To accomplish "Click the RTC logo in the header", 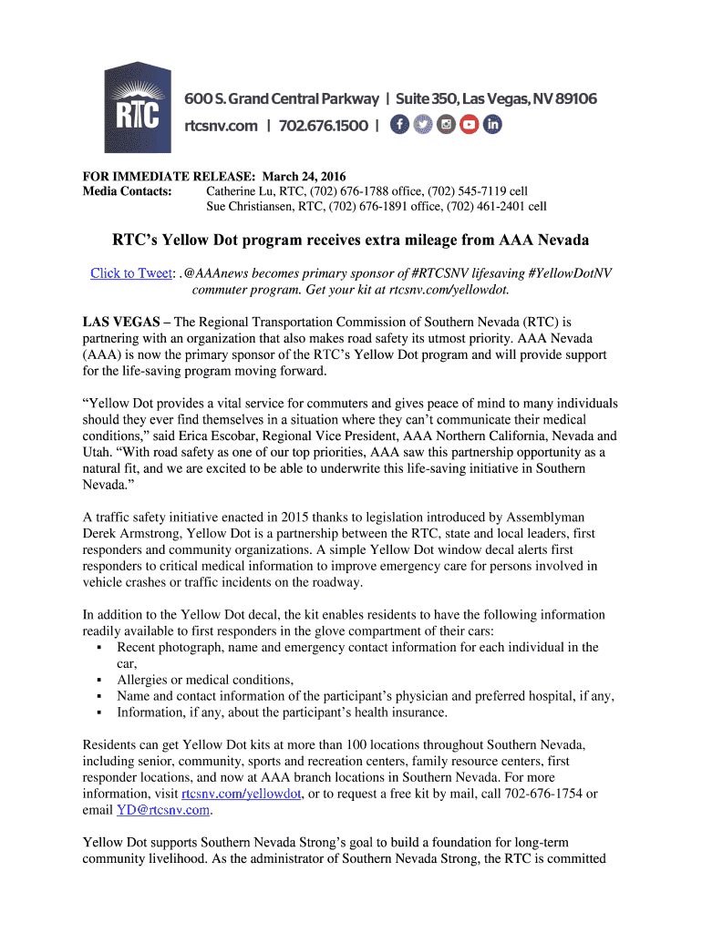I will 132,108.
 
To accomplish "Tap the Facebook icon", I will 399,125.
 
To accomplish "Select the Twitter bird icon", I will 422,125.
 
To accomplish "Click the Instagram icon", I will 446,125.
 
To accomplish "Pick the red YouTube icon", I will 470,125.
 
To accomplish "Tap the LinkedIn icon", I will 492,125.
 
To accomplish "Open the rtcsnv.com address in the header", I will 222,126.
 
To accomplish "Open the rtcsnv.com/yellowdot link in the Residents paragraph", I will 242,794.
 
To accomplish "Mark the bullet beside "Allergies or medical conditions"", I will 98,681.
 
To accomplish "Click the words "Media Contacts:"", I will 127,191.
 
